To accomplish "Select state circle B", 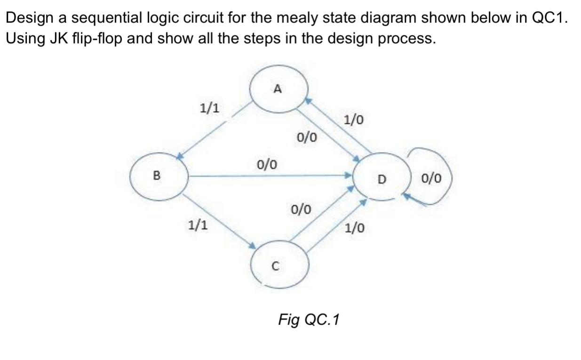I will [x=159, y=176].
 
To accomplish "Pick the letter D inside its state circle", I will [x=382, y=179].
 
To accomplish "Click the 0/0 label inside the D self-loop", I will [x=431, y=178].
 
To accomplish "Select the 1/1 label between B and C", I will [x=197, y=225].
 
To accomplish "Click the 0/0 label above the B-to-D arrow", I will [x=267, y=164].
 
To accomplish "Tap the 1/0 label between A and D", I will [x=353, y=120].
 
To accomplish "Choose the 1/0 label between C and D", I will [x=354, y=229].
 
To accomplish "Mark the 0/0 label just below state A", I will [x=307, y=137].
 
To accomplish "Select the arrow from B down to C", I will [x=219, y=219].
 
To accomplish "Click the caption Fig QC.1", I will [x=309, y=320].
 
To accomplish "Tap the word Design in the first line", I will [x=29, y=18].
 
